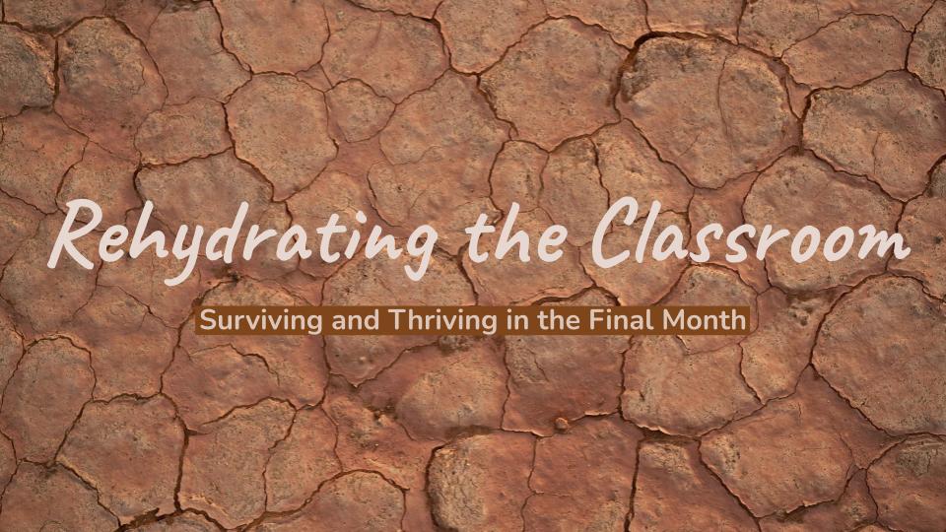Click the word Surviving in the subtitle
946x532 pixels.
click(242, 320)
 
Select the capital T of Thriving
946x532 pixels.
click(361, 320)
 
